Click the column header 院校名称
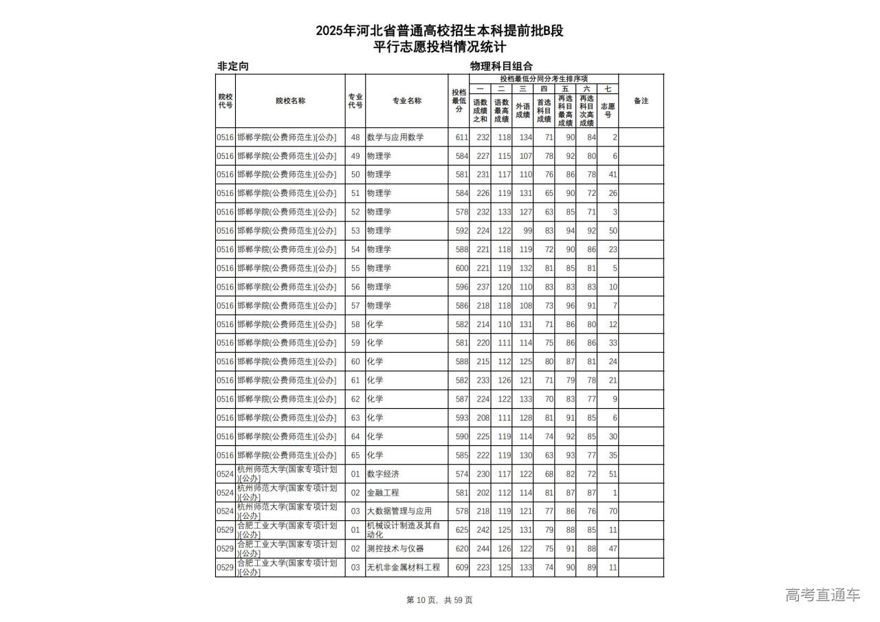pos(290,101)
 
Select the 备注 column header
pos(641,101)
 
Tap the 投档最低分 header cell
pos(459,101)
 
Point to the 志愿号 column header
pos(608,110)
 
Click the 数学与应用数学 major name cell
pos(395,137)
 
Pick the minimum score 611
pos(461,137)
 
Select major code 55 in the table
pos(355,268)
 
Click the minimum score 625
pos(461,530)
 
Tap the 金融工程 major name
pos(383,493)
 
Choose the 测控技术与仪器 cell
pos(395,548)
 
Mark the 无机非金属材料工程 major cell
pos(404,567)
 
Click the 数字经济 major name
pos(383,474)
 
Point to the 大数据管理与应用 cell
pos(399,511)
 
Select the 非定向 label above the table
pos(232,66)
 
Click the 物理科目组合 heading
pos(501,66)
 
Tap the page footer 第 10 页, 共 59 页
pos(440,600)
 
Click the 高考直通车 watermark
pos(822,595)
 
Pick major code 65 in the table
pos(355,455)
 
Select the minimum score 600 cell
pos(461,268)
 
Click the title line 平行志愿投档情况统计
pos(440,47)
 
